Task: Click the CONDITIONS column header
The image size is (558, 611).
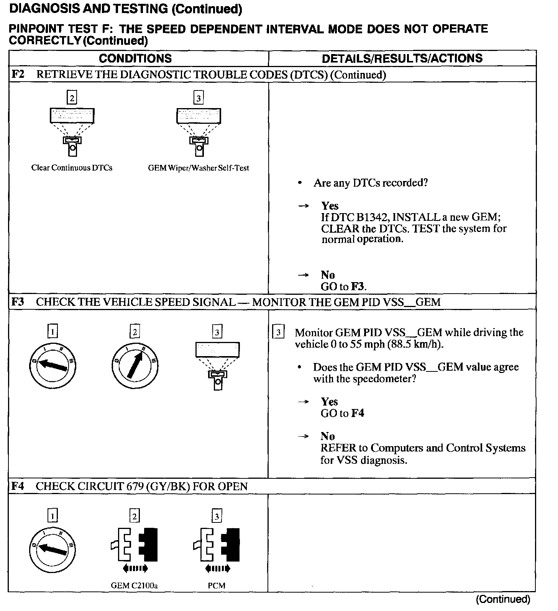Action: [135, 58]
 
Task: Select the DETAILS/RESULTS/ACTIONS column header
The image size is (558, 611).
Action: [402, 58]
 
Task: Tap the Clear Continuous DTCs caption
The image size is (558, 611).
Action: [72, 168]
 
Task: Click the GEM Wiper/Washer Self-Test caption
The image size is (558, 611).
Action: [199, 168]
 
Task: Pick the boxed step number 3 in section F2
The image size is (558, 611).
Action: [198, 98]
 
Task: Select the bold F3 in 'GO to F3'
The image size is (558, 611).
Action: [358, 287]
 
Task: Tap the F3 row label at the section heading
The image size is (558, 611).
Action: [18, 302]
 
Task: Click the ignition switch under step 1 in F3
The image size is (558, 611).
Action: [53, 365]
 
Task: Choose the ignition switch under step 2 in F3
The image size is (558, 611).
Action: [135, 365]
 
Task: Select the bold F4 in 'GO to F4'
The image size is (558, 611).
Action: [358, 413]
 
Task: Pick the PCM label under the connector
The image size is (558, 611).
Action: [217, 586]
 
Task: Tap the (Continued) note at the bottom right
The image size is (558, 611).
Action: [503, 599]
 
